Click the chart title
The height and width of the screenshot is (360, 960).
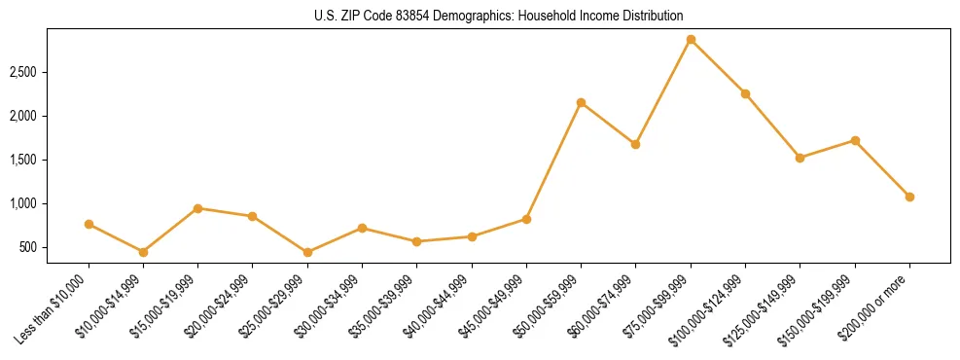click(x=499, y=16)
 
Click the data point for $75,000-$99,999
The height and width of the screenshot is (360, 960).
click(x=691, y=40)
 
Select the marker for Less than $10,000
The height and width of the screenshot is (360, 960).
click(x=89, y=224)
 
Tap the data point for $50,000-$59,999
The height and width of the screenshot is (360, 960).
click(x=581, y=102)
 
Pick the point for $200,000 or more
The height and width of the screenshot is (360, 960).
click(x=909, y=197)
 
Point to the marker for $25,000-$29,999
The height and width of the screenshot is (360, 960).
click(x=307, y=252)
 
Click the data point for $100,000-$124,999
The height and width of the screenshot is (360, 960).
click(x=745, y=93)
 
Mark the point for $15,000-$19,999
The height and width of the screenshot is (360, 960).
click(x=197, y=208)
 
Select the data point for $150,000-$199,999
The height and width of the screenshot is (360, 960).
click(x=855, y=140)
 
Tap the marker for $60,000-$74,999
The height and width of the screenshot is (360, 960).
click(x=635, y=144)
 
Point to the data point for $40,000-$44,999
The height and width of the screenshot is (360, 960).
click(x=472, y=236)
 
